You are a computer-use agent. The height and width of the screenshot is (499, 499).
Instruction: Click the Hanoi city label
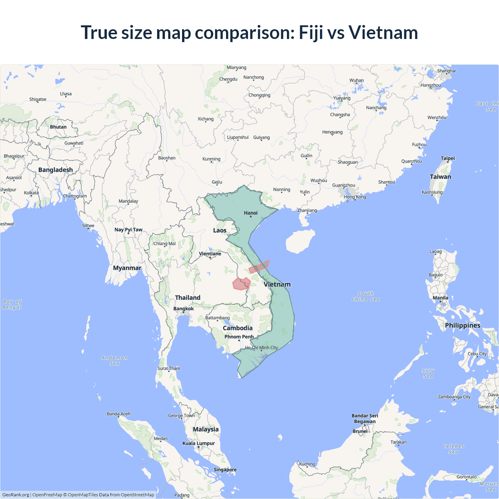(x=251, y=213)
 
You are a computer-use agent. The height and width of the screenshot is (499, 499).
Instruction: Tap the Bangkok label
(x=183, y=309)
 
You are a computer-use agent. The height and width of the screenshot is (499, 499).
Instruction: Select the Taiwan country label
(x=440, y=177)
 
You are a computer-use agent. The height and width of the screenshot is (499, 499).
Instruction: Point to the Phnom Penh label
(x=239, y=337)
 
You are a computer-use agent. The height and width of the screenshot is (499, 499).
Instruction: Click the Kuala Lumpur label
(x=198, y=443)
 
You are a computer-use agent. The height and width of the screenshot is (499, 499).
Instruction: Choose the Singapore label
(x=225, y=470)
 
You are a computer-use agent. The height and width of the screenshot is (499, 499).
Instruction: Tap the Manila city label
(x=441, y=298)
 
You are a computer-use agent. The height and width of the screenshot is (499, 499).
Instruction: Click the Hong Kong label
(x=355, y=197)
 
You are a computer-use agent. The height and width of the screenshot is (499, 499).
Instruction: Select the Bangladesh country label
(x=55, y=170)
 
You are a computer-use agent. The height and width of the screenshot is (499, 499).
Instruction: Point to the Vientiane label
(x=210, y=254)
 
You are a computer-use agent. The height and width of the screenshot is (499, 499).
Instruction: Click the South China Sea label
(x=365, y=296)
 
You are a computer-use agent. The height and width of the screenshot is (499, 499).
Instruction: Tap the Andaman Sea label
(x=115, y=361)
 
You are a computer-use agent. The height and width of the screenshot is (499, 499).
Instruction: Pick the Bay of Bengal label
(x=12, y=304)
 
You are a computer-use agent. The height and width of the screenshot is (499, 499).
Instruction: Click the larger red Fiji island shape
(x=241, y=283)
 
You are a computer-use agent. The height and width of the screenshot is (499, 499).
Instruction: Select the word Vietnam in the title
(x=383, y=32)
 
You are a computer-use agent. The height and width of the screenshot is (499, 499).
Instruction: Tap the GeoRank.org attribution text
(x=16, y=495)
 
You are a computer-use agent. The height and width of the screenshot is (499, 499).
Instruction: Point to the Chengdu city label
(x=228, y=79)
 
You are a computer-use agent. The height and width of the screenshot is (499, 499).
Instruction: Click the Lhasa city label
(x=66, y=94)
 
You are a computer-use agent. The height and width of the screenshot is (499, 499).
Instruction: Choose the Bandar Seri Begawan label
(x=365, y=418)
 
